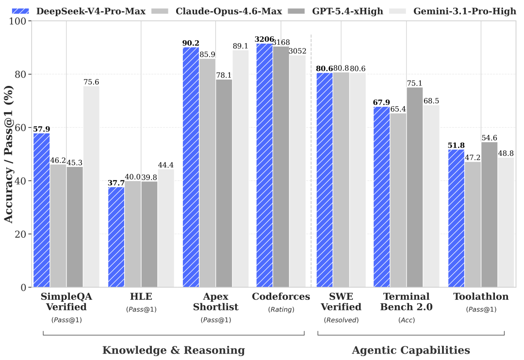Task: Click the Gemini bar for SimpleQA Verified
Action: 91,186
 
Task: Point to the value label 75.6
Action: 91,82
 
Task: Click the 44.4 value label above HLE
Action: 165,165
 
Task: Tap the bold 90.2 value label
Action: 191,43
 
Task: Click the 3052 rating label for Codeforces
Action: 298,51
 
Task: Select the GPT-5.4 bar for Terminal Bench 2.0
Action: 415,187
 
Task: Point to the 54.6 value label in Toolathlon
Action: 489,138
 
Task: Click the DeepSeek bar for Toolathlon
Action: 456,218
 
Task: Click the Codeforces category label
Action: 281,296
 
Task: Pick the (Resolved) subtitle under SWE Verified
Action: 341,320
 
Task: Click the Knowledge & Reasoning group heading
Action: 173,350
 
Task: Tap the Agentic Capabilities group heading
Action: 410,350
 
